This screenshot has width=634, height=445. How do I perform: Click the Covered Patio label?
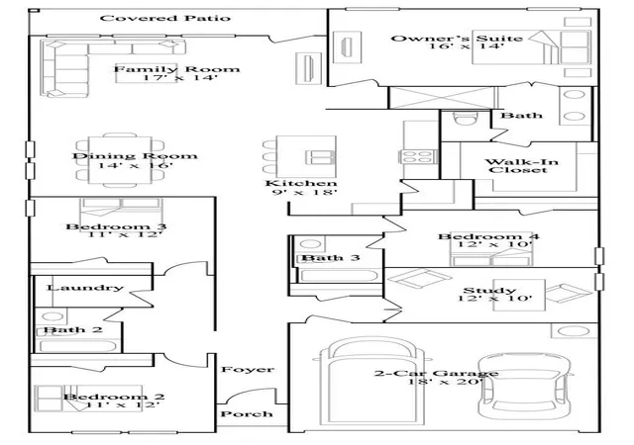point(165,18)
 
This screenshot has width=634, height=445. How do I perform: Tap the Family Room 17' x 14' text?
point(176,73)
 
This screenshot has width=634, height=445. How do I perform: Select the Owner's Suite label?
point(457,39)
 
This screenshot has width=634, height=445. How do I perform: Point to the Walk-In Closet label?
point(521,166)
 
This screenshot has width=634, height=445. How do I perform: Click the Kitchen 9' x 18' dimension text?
point(301,187)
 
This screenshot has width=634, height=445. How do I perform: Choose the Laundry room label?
point(85,288)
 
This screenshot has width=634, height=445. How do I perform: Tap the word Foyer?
point(248,369)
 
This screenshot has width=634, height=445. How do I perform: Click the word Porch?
point(247,414)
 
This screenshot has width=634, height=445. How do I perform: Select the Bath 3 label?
point(330,258)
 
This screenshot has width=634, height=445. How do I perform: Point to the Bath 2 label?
point(72,329)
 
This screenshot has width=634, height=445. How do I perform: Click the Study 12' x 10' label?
point(495,295)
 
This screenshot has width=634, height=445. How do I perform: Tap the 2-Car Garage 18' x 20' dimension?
point(436,377)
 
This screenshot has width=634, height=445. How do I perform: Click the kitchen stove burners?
point(418,156)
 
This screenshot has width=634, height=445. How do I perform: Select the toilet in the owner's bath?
point(466,119)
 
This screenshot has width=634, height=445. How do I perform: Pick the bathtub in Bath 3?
point(339,276)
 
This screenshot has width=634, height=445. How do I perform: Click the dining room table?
point(120,160)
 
